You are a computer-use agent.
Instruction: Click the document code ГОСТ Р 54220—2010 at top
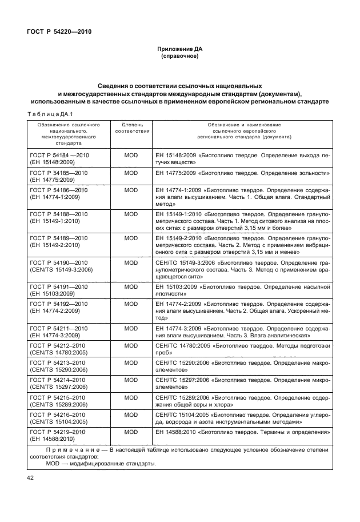pos(59,31)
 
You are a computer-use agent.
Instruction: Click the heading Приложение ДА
pos(180,50)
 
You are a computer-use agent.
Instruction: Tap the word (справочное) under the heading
pos(180,57)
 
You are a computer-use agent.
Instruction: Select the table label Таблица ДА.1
pos(48,114)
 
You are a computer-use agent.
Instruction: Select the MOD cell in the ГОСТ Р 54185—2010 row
pos(131,172)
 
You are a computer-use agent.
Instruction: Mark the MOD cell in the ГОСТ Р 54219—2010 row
pos(131,432)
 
